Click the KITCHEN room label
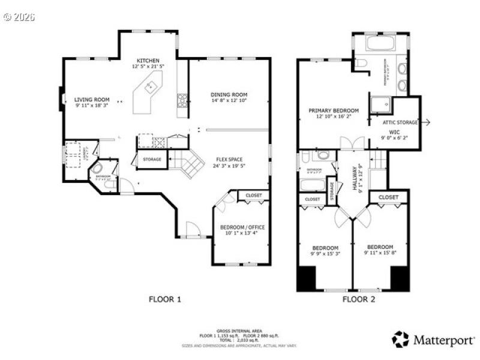(148, 61)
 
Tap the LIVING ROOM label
(92, 100)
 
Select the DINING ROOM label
(229, 95)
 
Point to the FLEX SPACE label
(229, 160)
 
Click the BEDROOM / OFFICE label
(242, 227)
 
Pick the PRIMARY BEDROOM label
(334, 110)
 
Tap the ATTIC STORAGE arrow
(426, 122)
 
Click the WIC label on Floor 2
(394, 131)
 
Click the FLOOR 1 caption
(164, 299)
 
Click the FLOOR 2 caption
(358, 299)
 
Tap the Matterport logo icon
(400, 339)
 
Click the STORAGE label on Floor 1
(152, 160)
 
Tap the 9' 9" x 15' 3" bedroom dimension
(325, 254)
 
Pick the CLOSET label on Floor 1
(253, 195)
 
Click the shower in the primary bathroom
(379, 106)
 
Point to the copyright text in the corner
(19, 17)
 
